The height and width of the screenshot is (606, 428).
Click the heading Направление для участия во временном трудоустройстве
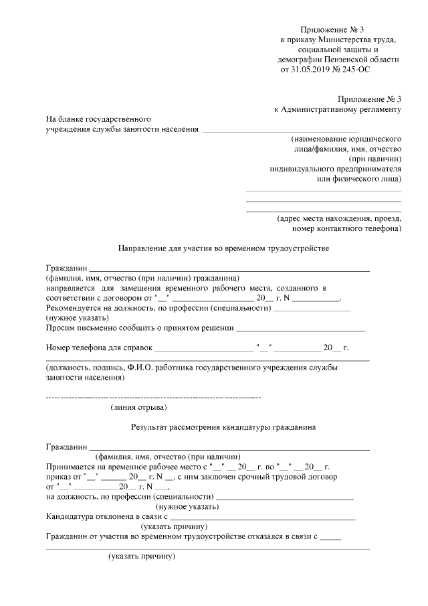click(x=224, y=248)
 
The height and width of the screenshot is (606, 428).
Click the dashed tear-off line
click(x=153, y=398)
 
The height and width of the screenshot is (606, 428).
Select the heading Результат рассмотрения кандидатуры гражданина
click(x=224, y=427)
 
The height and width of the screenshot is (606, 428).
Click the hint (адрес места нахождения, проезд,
click(x=339, y=218)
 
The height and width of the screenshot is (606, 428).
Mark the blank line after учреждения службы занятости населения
click(x=280, y=130)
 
